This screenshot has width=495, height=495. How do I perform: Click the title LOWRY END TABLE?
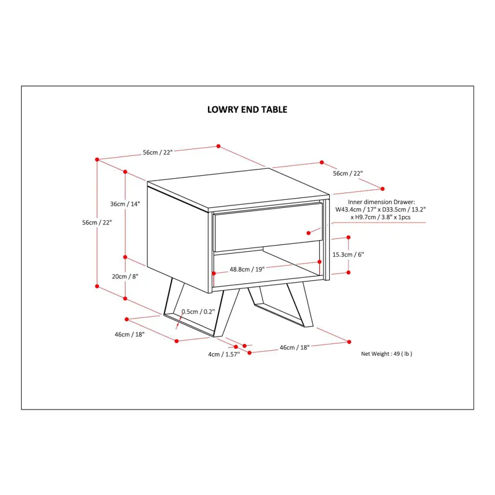tap(247, 110)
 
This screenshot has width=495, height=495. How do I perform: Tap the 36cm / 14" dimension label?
tap(125, 204)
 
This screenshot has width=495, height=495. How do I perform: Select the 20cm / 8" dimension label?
tap(125, 277)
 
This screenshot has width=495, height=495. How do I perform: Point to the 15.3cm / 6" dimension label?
tap(348, 254)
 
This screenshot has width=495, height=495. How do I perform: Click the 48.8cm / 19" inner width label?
tap(247, 269)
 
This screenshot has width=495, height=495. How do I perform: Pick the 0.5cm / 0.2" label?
tap(198, 312)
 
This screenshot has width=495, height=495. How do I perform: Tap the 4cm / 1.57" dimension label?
tap(224, 355)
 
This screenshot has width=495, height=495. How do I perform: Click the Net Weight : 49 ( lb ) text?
tap(386, 354)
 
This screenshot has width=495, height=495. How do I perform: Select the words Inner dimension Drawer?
tap(381, 202)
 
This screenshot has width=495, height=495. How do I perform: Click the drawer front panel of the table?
tap(268, 227)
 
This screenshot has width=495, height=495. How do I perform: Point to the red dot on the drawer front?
tap(308, 233)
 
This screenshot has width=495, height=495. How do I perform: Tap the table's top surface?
tap(238, 189)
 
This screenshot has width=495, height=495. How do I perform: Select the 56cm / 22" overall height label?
tap(97, 223)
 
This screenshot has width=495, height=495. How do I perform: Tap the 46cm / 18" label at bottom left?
tap(129, 334)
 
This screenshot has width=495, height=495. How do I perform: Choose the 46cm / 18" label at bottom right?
tap(295, 348)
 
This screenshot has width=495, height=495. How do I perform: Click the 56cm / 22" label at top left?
tap(158, 152)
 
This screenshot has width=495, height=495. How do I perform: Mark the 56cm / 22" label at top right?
tap(348, 173)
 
